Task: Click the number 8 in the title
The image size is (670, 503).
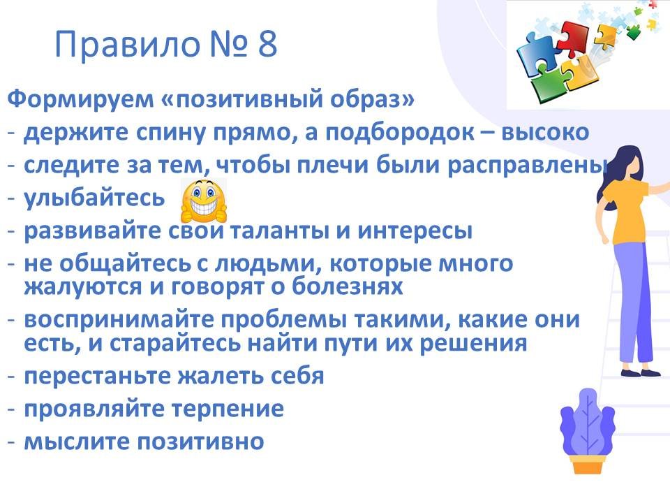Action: pos(268,43)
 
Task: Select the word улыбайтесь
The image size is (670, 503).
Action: pos(94,198)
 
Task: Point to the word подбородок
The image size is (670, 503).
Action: pos(399,133)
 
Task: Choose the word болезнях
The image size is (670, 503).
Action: pos(348,286)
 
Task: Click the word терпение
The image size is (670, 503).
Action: pos(228,409)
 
